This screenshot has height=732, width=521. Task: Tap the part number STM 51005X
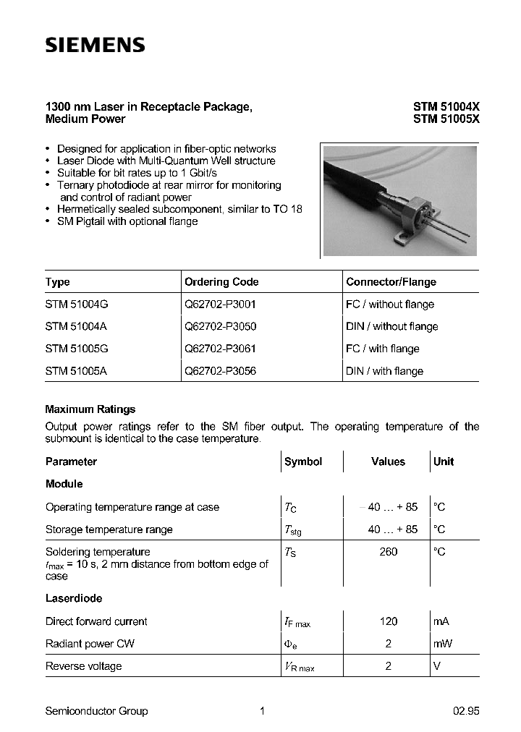tap(446, 119)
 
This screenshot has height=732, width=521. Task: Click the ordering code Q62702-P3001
tap(220, 305)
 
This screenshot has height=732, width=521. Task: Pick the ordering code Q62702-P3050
tap(220, 326)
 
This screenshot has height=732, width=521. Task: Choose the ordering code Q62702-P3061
tap(220, 349)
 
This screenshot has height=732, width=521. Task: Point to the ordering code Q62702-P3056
tap(220, 371)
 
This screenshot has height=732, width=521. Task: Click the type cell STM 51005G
tap(77, 349)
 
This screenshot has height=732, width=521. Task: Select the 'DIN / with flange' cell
tap(384, 371)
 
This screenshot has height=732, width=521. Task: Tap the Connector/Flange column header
tap(391, 282)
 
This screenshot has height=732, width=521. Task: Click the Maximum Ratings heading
tap(90, 409)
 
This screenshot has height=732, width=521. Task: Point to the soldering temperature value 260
tap(388, 552)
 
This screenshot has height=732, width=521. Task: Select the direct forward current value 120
tap(388, 621)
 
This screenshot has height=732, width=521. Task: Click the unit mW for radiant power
tap(441, 644)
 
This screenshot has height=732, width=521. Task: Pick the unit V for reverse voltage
tap(436, 666)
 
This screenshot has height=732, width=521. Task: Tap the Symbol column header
tap(303, 461)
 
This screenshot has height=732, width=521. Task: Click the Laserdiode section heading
tap(74, 599)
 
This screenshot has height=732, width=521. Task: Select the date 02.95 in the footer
tap(466, 711)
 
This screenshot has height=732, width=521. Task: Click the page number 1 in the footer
tap(262, 711)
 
